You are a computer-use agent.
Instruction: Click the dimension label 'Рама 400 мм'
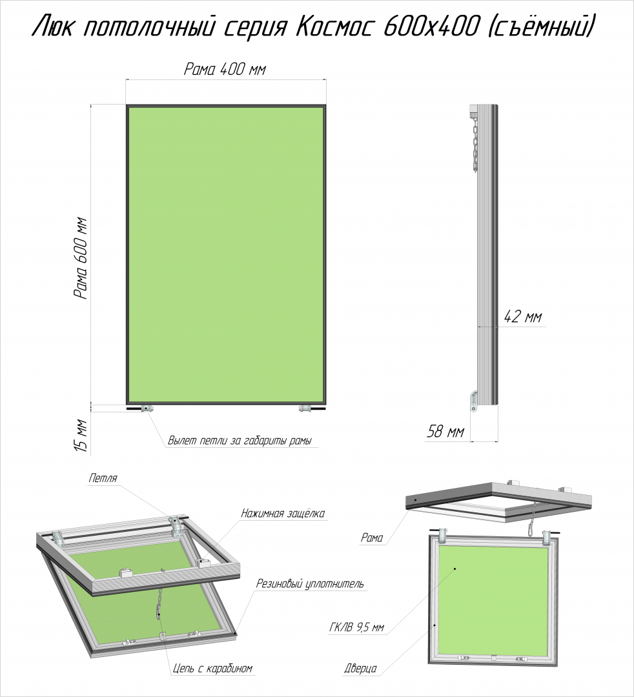pyautogui.click(x=225, y=70)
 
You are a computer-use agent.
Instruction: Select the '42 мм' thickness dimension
pyautogui.click(x=524, y=317)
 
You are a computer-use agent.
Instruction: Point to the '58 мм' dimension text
pyautogui.click(x=445, y=431)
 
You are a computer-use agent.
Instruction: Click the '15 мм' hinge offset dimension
pyautogui.click(x=81, y=435)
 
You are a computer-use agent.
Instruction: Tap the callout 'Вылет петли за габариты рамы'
pyautogui.click(x=240, y=441)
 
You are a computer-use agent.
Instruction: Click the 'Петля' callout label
pyautogui.click(x=103, y=478)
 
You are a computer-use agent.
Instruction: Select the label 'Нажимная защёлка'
pyautogui.click(x=283, y=514)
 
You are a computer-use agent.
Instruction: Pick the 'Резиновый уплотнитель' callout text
pyautogui.click(x=310, y=583)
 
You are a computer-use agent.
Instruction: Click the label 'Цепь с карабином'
pyautogui.click(x=212, y=669)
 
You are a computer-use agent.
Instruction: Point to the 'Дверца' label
pyautogui.click(x=360, y=669)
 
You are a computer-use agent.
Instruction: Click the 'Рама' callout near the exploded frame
pyautogui.click(x=372, y=538)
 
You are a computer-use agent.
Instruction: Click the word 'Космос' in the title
pyautogui.click(x=333, y=28)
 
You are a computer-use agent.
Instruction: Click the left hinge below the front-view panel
pyautogui.click(x=147, y=409)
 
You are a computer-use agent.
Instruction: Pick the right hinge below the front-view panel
pyautogui.click(x=305, y=409)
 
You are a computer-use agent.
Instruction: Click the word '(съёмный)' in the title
pyautogui.click(x=543, y=28)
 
